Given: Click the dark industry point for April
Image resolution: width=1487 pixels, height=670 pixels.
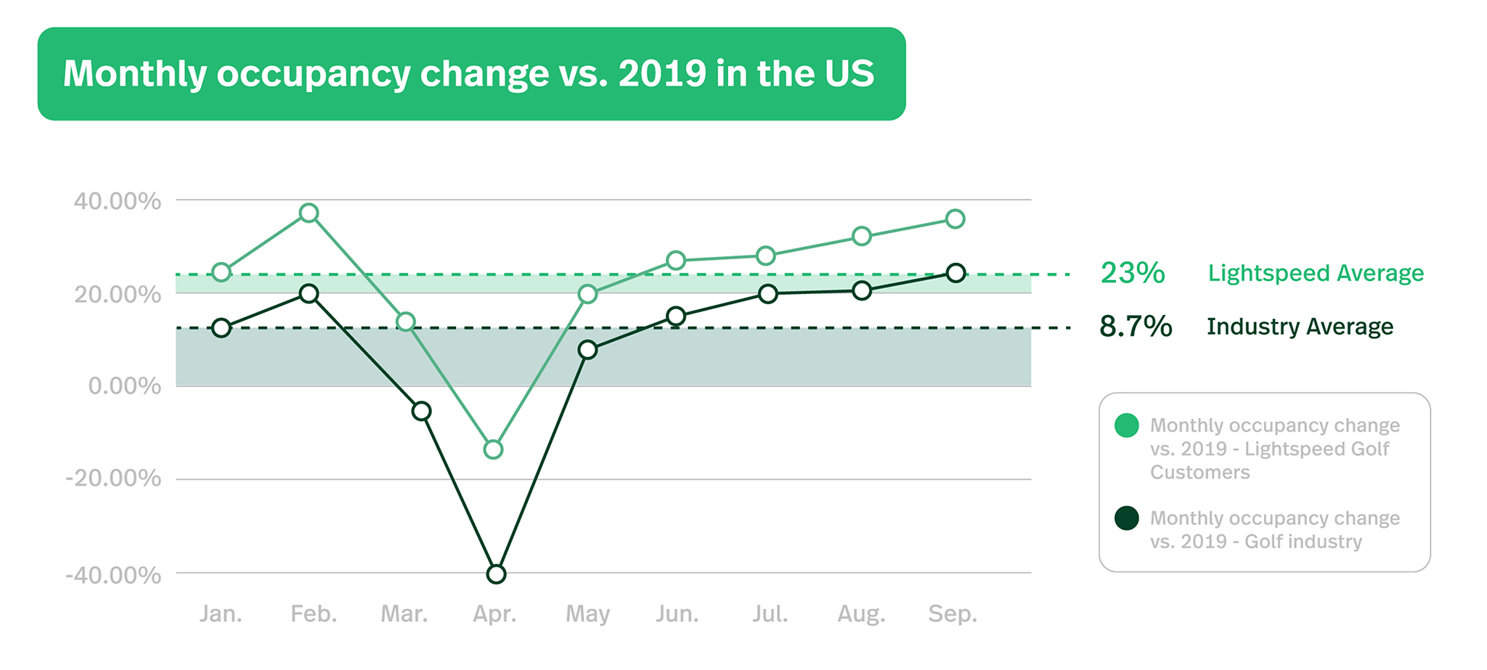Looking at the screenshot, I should point(496,574).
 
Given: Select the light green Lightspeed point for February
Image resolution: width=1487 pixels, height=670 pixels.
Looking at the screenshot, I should point(309,213).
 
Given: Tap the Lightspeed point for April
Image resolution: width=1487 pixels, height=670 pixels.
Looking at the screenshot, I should point(493,449).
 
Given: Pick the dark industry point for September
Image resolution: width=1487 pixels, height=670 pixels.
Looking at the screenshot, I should point(956,273).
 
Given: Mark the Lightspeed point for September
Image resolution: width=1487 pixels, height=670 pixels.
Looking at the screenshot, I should point(956,218).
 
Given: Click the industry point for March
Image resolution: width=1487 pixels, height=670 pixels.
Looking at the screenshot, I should point(421,411).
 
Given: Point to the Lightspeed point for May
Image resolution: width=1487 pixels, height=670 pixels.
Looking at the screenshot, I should point(587,294).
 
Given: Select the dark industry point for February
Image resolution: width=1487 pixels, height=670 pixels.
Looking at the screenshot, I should point(309,293).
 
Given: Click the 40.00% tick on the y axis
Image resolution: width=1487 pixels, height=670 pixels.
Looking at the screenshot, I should point(117,201).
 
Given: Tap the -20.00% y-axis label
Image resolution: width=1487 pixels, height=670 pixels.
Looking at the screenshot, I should point(113,478).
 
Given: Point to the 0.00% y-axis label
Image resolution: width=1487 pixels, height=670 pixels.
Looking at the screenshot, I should point(124,386).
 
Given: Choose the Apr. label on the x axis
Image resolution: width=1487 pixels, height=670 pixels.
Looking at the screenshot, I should point(494,614).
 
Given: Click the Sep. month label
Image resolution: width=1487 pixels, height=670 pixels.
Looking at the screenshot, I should point(953,614).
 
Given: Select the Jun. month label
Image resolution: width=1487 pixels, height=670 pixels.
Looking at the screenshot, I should point(677,614).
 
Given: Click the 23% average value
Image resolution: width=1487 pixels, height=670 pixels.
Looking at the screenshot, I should point(1132,273).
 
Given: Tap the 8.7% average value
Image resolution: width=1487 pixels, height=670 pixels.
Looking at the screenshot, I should point(1135,327).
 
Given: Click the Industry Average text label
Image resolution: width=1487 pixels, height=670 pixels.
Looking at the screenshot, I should point(1300,327).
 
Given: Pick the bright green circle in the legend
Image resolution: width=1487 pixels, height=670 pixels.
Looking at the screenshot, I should point(1126,425).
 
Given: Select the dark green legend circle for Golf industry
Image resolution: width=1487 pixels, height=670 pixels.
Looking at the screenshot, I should point(1126,518).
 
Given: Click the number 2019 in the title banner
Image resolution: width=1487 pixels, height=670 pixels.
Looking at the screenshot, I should point(662,73).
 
